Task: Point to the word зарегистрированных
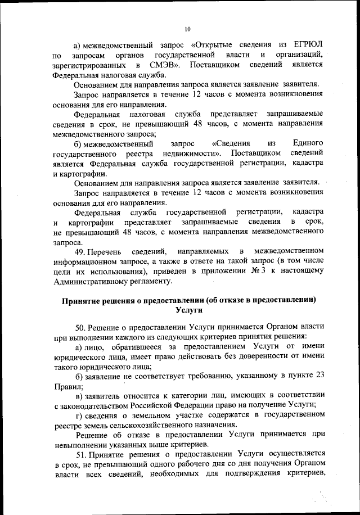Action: (88, 65)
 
